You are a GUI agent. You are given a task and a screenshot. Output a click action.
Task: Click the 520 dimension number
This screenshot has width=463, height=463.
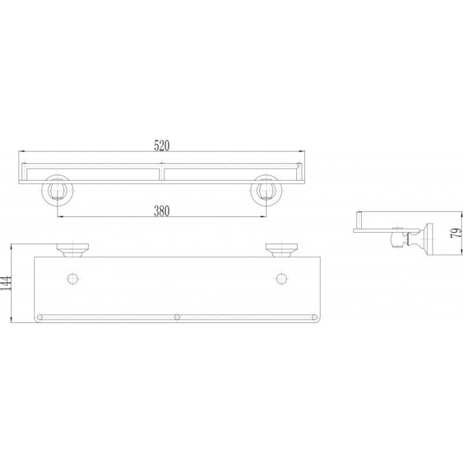(x=162, y=146)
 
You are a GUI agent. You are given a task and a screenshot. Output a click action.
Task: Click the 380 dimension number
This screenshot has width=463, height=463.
(x=162, y=211)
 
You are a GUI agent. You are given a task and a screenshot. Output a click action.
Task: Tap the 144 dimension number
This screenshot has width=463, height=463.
(x=6, y=283)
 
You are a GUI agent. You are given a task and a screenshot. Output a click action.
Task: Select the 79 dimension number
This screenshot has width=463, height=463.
(x=456, y=233)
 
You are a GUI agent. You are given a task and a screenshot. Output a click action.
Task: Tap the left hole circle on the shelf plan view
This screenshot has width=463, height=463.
(x=73, y=278)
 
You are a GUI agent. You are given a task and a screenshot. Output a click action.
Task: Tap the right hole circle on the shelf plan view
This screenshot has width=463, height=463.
(x=282, y=278)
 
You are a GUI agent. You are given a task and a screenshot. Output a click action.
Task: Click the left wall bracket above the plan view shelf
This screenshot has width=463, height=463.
(x=73, y=251)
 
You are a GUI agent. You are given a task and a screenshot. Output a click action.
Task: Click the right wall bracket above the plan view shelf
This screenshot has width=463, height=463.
(x=282, y=251)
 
